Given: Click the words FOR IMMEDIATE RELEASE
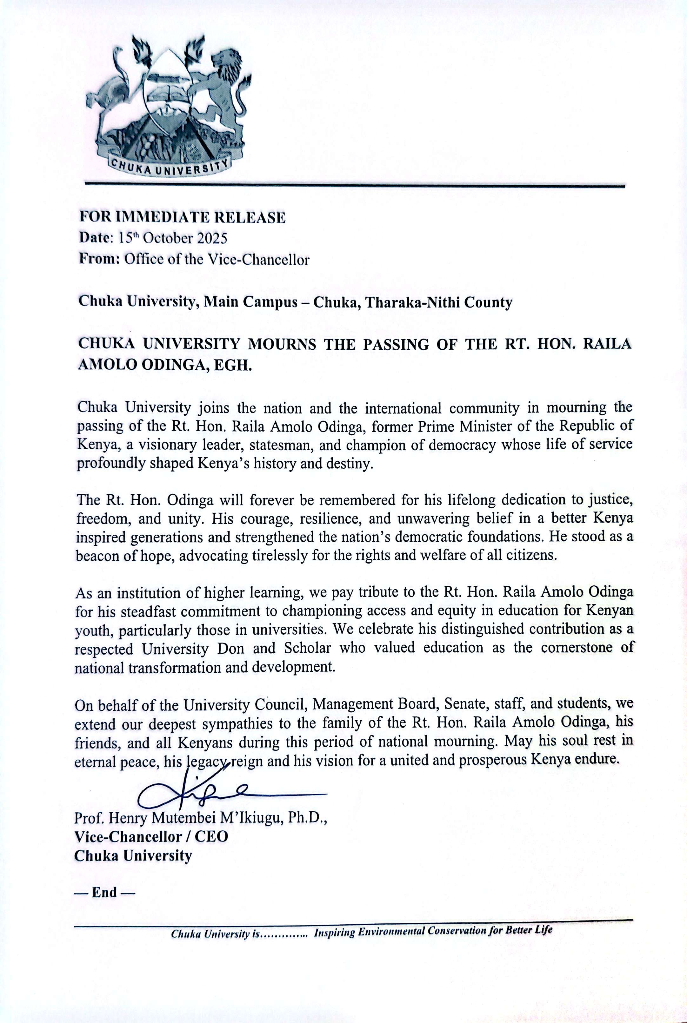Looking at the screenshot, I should click(182, 218).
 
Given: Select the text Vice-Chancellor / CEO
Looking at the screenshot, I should click(151, 836).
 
